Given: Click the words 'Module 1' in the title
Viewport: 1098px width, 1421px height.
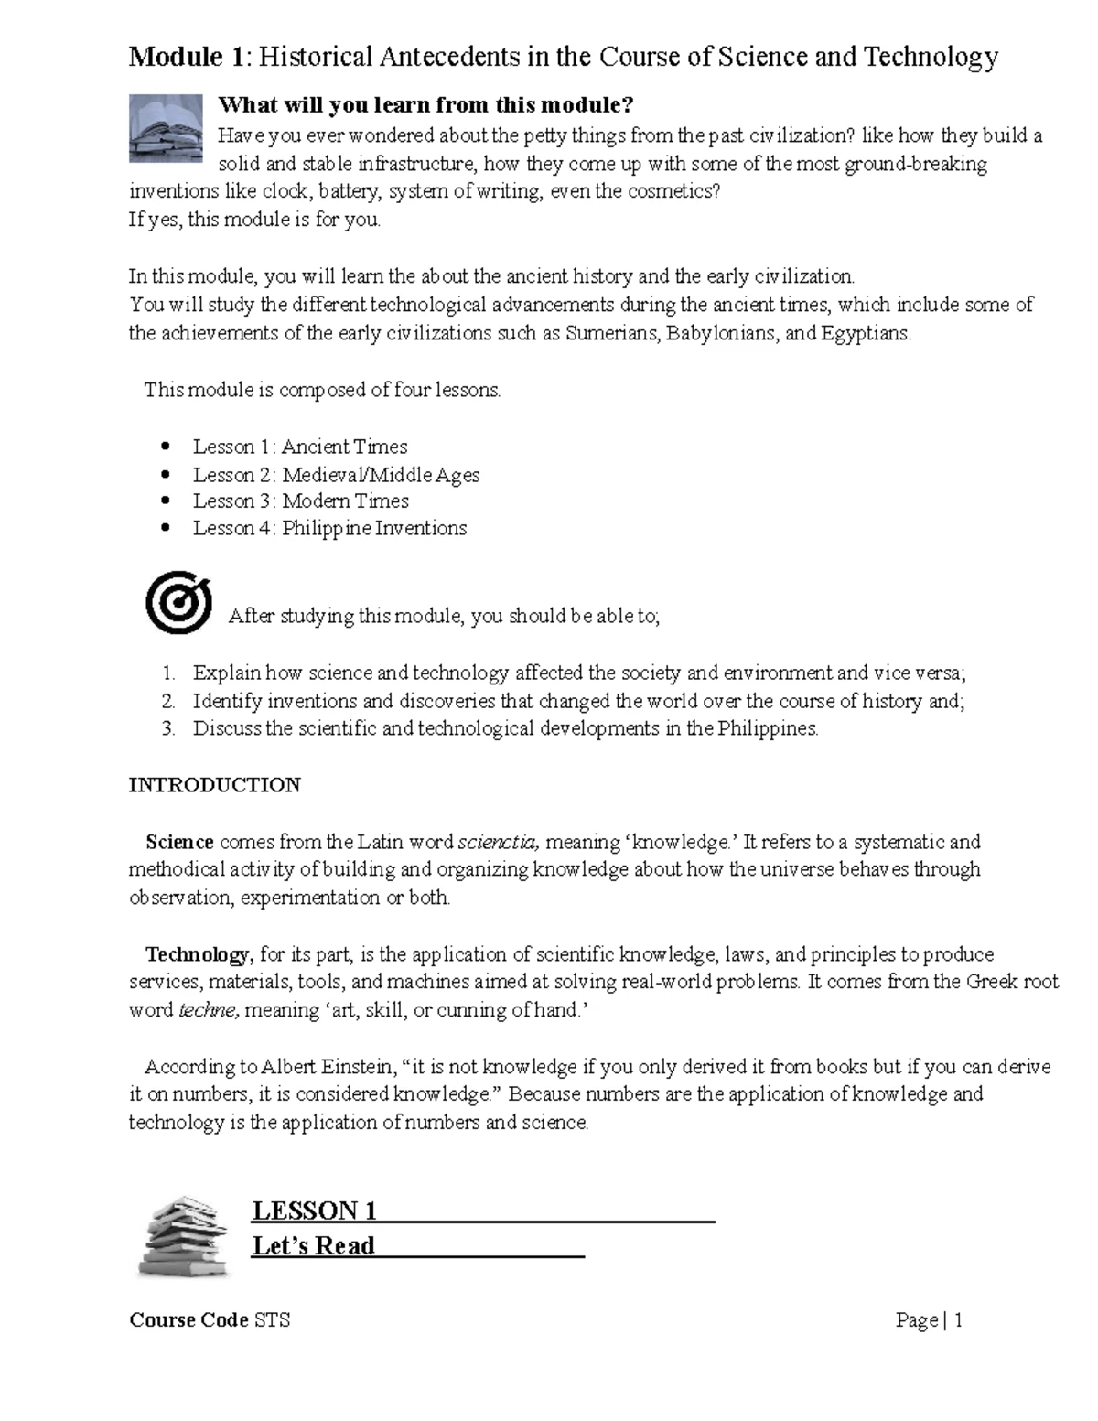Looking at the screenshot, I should [188, 58].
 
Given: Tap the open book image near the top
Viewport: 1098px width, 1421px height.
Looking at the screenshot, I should [166, 127].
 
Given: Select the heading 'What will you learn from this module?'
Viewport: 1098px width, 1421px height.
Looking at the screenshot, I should [425, 105].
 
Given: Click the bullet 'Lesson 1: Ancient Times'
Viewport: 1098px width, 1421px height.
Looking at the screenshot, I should [299, 447].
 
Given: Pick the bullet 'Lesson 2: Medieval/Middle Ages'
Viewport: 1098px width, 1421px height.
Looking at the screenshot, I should [335, 475].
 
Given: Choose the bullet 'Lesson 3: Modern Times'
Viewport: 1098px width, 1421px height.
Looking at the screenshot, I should [300, 501].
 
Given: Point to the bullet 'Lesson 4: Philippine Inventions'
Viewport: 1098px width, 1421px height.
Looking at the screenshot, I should [328, 528].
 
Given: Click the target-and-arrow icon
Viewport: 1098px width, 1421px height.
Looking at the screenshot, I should [178, 602].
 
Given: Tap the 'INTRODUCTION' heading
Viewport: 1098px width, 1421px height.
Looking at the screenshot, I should [214, 785].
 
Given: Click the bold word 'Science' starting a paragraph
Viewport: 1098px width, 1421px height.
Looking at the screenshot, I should [179, 842].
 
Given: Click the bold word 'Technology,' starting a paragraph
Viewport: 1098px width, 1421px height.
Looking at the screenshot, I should [199, 954].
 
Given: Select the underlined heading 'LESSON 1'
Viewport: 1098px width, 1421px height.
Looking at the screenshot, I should [315, 1211].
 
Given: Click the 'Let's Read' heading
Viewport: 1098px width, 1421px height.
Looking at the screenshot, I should [313, 1245].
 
